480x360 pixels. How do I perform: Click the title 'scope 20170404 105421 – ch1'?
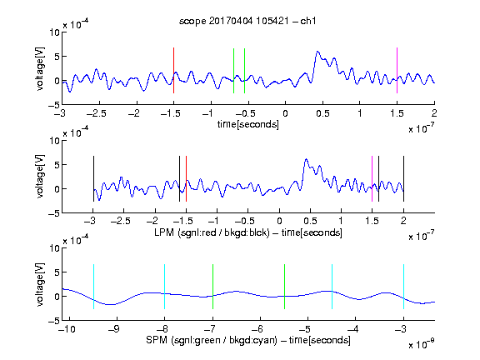247,21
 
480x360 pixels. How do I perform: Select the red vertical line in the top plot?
173,70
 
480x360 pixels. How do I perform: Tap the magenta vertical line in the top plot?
397,70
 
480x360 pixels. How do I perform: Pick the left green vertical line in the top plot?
233,71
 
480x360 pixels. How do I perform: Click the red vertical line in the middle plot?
186,179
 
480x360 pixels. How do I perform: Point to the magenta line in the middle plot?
372,179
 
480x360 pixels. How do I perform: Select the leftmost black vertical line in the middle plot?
93,179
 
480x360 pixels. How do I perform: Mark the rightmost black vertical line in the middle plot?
403,179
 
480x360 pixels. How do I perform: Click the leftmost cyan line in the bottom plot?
93,287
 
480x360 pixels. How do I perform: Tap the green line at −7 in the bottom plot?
212,287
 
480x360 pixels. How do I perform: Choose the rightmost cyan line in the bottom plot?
403,287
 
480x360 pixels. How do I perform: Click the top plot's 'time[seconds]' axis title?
248,124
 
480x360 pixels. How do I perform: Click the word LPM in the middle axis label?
164,232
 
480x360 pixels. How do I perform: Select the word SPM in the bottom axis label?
157,340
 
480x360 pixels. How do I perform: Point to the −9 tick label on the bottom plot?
114,329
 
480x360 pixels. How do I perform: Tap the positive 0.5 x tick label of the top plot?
322,113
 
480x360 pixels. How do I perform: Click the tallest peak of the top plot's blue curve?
317,52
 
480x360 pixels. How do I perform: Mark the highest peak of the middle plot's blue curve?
306,159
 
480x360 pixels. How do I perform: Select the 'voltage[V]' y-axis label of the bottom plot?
40,284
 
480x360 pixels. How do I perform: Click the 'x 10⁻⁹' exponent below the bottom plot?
422,344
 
